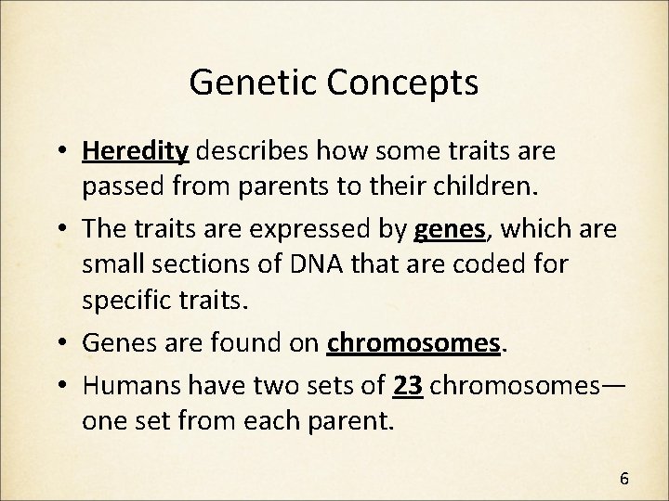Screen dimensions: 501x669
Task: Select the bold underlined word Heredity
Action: [137, 151]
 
